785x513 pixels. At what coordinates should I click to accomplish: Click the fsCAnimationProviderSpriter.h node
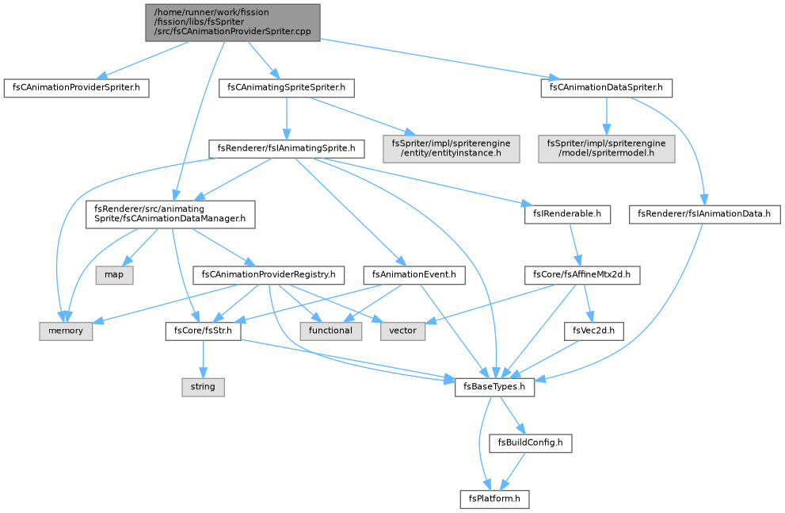tap(76, 88)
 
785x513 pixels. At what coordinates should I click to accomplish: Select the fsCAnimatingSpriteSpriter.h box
tap(287, 88)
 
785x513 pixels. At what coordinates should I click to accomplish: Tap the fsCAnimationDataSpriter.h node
tap(606, 88)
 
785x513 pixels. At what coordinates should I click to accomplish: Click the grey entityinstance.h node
tap(451, 148)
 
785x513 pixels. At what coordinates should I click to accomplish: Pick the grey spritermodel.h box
tap(606, 148)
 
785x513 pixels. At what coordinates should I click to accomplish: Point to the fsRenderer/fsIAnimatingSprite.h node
tap(287, 149)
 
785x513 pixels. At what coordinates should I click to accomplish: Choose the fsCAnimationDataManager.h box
tap(170, 214)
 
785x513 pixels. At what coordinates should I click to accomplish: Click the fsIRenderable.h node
tap(566, 214)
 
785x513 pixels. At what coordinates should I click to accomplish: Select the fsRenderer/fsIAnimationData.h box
tap(704, 214)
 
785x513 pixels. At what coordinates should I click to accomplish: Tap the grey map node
tap(114, 275)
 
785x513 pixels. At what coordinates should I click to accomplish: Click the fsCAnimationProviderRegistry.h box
tap(269, 275)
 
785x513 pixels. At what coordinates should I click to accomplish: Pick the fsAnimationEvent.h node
tap(414, 275)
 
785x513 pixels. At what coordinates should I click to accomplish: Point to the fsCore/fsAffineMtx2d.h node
tap(581, 275)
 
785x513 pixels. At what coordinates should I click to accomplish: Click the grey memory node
tap(66, 331)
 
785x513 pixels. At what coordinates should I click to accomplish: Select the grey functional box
tap(330, 331)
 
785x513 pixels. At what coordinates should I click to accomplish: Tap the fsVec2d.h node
tap(594, 331)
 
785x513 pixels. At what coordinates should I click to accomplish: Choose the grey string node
tap(203, 387)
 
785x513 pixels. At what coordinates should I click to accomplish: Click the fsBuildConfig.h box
tap(530, 443)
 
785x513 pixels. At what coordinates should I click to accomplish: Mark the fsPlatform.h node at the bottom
tap(494, 500)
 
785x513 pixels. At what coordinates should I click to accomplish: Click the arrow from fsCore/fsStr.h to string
tap(203, 359)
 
